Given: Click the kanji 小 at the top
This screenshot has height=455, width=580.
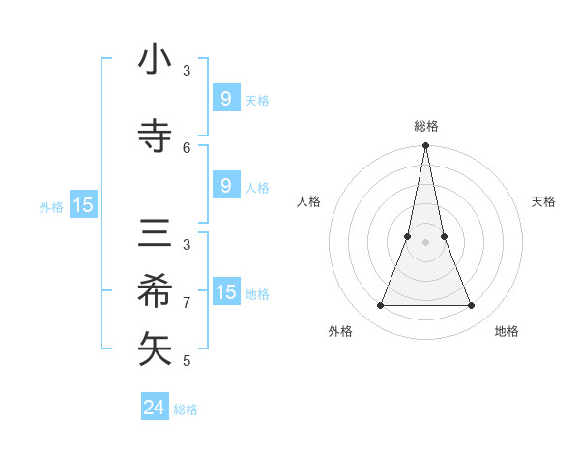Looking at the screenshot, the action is click(156, 60).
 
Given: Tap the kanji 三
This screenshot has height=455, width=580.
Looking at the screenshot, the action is click(156, 235).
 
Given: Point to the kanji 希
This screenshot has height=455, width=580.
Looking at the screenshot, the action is click(156, 291).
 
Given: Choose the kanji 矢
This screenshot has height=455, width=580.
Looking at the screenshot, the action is click(156, 349).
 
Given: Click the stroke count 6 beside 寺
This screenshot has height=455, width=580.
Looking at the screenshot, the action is click(187, 147).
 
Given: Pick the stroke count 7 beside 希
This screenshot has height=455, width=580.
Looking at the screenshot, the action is click(187, 302).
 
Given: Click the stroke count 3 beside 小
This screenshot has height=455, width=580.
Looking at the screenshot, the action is click(187, 70).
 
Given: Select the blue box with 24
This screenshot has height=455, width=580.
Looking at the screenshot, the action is click(155, 408).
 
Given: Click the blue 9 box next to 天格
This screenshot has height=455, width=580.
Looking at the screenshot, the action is click(225, 98).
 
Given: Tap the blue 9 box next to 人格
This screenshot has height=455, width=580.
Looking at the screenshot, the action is click(225, 186).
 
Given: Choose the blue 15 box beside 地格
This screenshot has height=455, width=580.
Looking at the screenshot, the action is click(226, 292).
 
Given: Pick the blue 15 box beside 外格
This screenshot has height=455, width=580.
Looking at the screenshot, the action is click(82, 205).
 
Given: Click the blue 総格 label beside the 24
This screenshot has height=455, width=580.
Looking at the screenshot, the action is click(186, 409).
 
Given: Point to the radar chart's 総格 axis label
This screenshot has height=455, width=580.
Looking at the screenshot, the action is click(425, 126).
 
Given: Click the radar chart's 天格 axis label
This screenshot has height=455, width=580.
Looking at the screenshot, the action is click(543, 201).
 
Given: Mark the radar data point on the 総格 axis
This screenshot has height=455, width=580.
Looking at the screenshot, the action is click(425, 146).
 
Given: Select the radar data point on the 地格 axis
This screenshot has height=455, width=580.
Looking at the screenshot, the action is click(471, 306).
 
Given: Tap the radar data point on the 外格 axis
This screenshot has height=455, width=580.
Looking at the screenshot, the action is click(380, 306).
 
